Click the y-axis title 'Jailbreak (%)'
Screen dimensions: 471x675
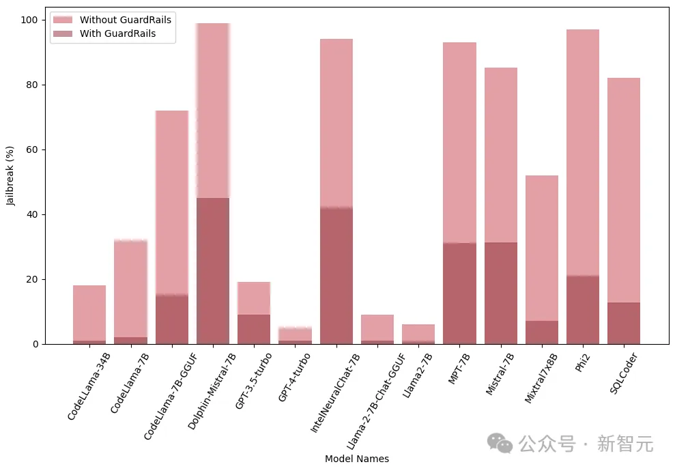point(10,175)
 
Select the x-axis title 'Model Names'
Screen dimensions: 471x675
point(356,459)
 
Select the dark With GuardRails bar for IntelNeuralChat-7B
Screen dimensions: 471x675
point(336,276)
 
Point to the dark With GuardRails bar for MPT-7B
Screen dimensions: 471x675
point(459,294)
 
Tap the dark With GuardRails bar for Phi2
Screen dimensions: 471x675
point(583,310)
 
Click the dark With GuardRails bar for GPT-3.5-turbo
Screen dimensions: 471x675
point(254,329)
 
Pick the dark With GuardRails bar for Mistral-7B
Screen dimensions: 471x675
point(501,294)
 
